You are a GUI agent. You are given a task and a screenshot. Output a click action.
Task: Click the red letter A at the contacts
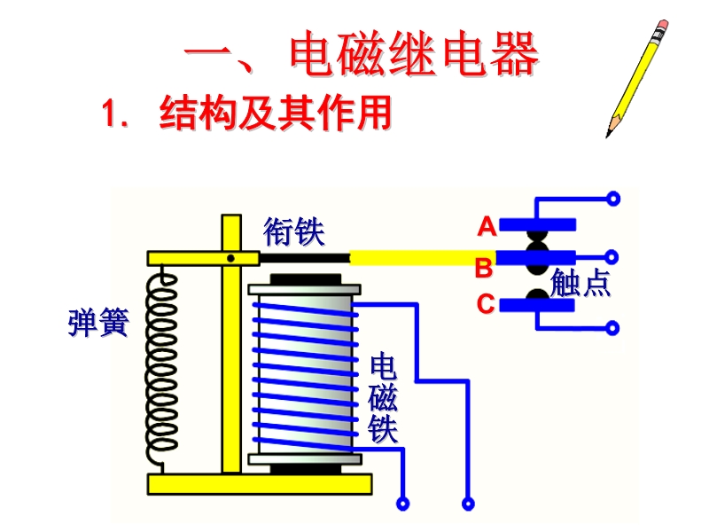coord(487,227)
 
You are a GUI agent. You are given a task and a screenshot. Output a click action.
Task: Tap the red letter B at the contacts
coord(484,266)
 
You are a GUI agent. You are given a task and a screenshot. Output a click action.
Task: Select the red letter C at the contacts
coord(486,304)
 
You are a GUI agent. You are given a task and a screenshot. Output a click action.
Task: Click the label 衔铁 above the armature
coord(294,232)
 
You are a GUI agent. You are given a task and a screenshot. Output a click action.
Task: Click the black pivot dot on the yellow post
coord(230,258)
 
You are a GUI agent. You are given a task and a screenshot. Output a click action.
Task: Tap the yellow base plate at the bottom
coord(260,484)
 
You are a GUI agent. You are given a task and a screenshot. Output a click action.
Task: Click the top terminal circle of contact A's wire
coord(612,199)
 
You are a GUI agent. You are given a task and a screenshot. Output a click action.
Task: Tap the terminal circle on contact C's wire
coord(612,328)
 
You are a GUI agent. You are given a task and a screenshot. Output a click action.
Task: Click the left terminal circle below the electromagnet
coord(403,504)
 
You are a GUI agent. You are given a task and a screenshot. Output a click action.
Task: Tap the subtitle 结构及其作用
coord(275,115)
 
